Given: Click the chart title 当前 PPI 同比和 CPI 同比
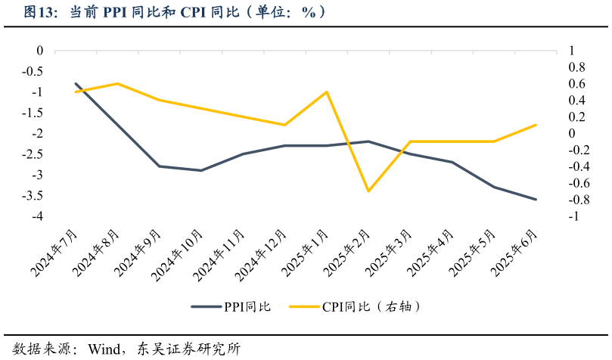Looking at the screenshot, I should coord(174,12).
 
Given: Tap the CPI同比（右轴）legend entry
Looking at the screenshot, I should coord(371,306).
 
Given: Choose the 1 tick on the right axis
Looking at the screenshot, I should coord(572,51).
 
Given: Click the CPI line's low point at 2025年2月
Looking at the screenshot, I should coord(368,191).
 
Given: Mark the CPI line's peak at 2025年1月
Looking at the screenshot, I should coord(326,92).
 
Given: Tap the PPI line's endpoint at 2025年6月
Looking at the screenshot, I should coord(536,200).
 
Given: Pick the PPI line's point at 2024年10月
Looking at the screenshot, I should coord(200,171).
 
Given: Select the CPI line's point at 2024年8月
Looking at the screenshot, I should coord(117,84).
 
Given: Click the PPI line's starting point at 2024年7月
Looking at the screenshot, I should coord(76,84).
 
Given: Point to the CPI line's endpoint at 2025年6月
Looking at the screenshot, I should coord(536,125).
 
